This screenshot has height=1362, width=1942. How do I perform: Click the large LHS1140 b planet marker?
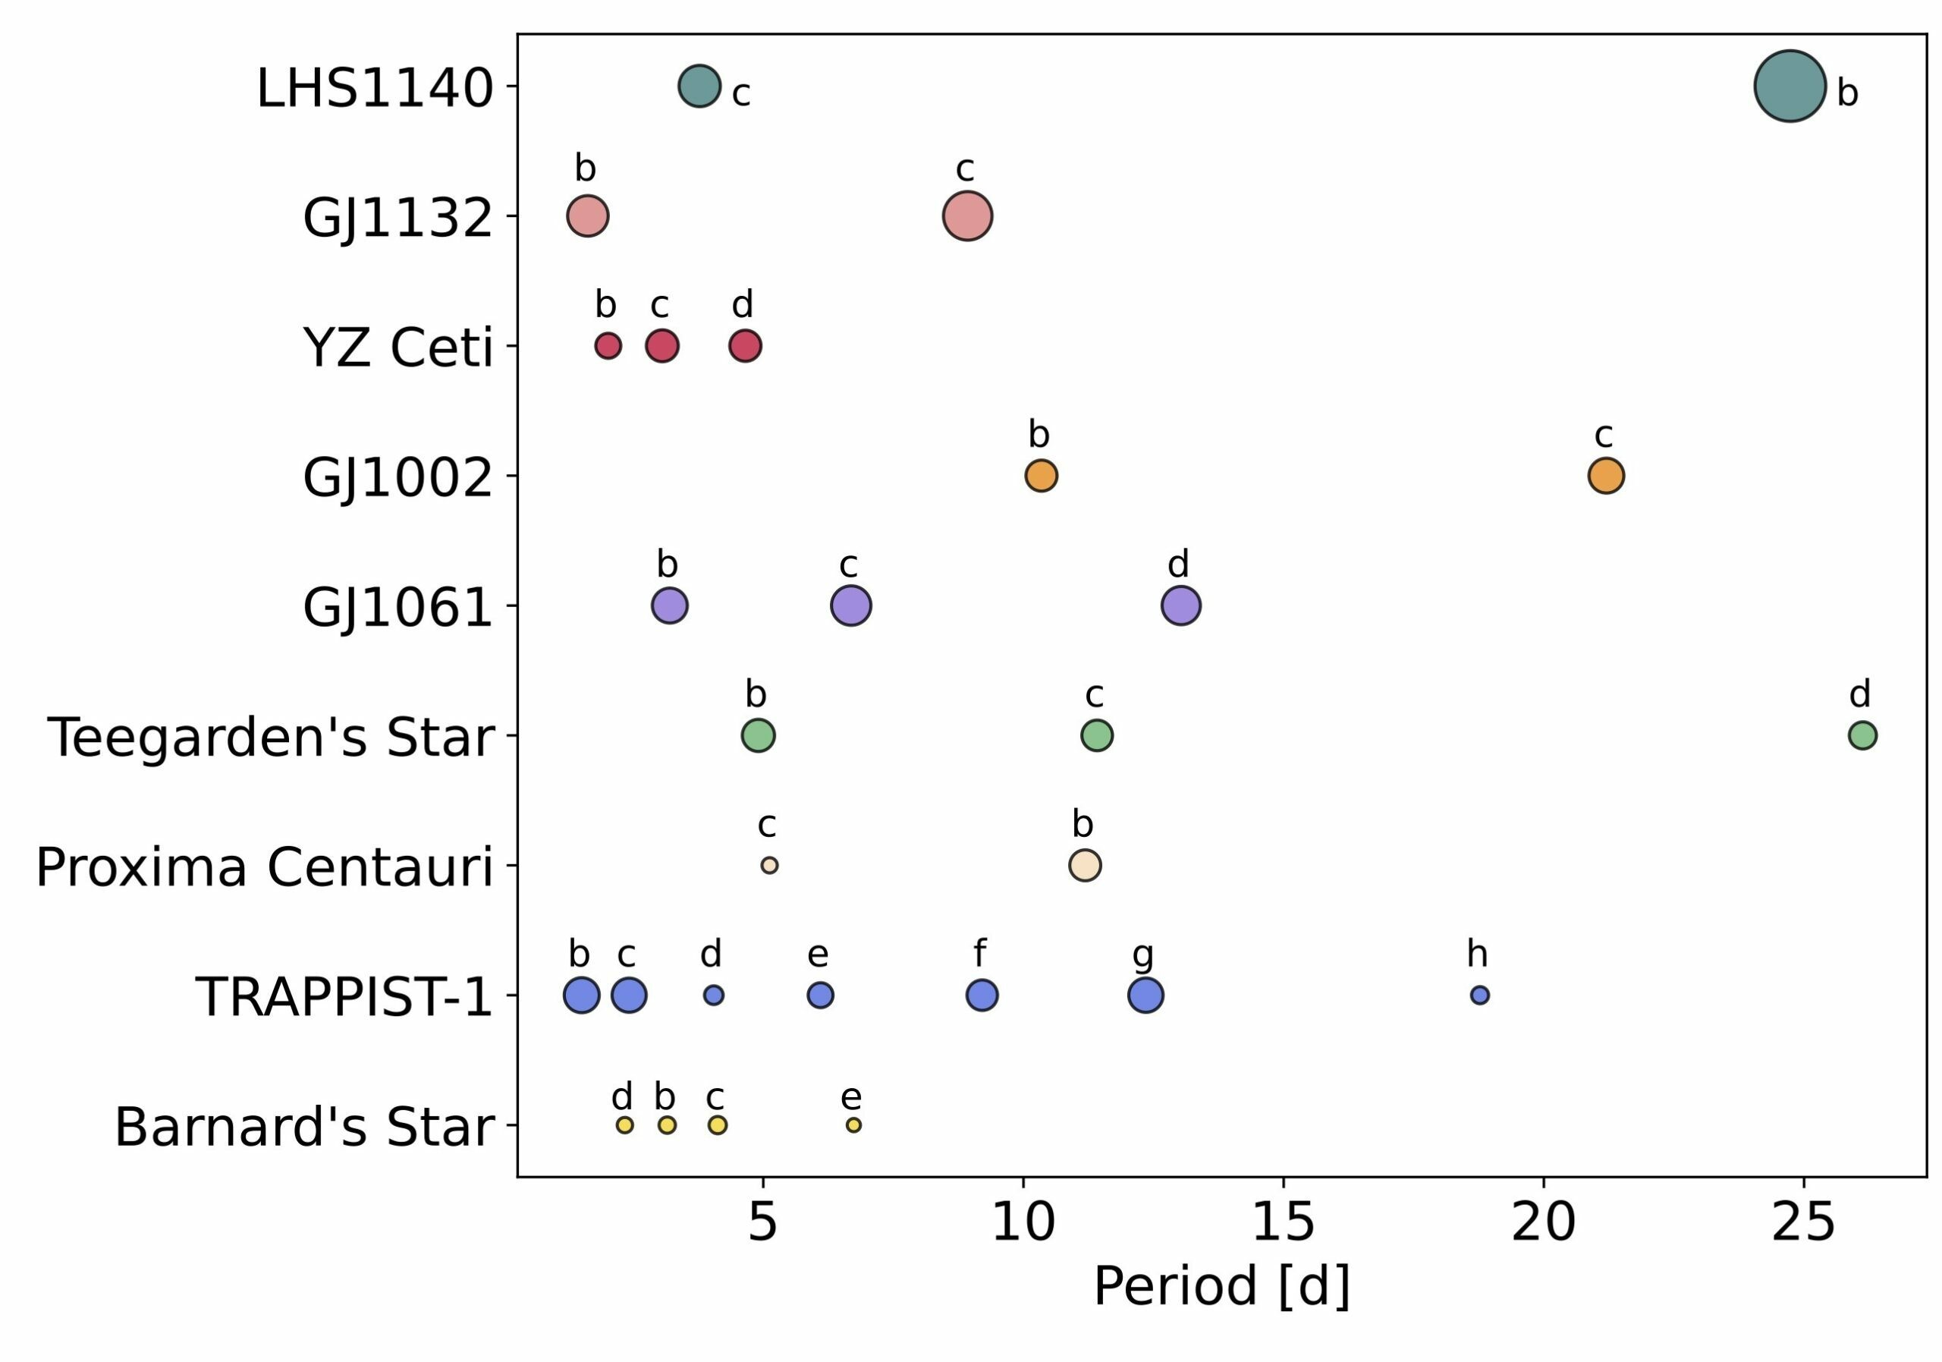[1790, 87]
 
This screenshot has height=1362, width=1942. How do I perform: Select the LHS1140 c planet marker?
[699, 86]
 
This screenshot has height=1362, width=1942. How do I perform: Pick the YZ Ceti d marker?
[745, 345]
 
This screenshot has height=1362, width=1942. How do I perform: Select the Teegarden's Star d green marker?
[1862, 735]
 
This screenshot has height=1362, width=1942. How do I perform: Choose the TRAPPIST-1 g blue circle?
[1146, 995]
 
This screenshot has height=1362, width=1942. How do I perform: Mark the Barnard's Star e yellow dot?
[854, 1125]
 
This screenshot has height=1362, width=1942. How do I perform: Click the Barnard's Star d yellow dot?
[625, 1125]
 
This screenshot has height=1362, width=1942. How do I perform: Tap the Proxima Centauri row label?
[264, 867]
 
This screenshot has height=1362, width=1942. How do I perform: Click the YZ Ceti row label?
[398, 348]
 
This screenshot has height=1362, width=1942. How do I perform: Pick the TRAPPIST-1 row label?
[344, 996]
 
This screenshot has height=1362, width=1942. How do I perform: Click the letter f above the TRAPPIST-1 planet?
[979, 953]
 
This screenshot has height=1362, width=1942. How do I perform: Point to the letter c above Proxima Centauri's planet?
[767, 825]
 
